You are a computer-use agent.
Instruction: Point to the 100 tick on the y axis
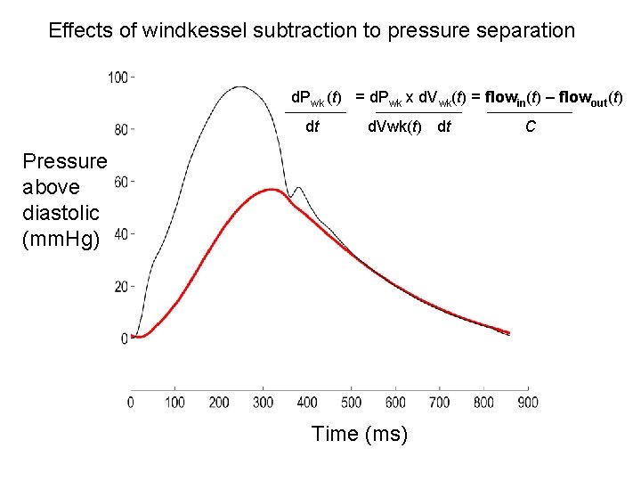(119, 77)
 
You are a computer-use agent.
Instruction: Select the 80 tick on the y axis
(123, 130)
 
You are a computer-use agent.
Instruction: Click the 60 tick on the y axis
(123, 183)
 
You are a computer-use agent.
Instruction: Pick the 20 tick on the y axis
(123, 287)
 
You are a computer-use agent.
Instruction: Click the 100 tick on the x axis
(174, 403)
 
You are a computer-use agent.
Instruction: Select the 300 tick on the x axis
(263, 403)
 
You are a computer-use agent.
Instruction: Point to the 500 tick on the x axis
(351, 403)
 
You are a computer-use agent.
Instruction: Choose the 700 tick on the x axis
(439, 403)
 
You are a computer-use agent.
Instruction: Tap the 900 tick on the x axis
(527, 403)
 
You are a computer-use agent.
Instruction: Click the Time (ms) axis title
(360, 434)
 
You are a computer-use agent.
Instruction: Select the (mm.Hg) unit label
(63, 239)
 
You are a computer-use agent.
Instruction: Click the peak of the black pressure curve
(239, 87)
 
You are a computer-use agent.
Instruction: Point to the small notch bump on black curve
(298, 188)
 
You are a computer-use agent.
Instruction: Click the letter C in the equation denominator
(531, 126)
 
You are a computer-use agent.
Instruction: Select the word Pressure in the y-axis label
(64, 161)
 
